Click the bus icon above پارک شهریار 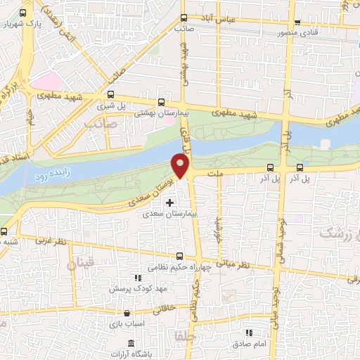(x=25, y=13)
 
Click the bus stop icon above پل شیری (x=111, y=94)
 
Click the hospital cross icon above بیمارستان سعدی (x=169, y=202)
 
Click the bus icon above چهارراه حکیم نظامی (x=179, y=257)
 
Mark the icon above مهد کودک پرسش (x=137, y=278)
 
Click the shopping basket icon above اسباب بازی (x=126, y=314)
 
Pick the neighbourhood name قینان (x=79, y=264)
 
